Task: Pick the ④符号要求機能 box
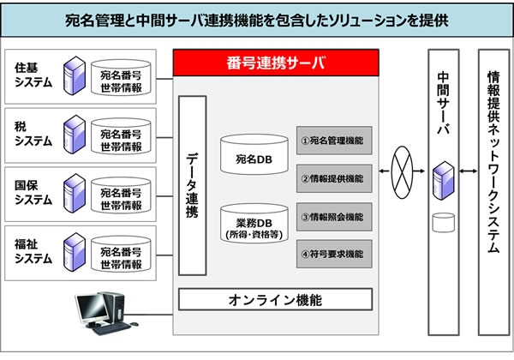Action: point(334,254)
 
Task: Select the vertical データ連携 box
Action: point(192,186)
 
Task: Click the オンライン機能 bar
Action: point(275,299)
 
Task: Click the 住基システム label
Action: point(33,75)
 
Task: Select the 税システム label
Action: point(33,134)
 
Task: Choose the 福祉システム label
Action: point(33,250)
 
